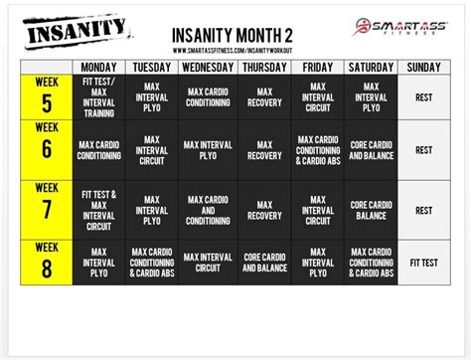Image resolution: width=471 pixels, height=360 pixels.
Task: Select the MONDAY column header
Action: point(98,67)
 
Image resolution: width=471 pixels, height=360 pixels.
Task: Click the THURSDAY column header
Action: point(263,67)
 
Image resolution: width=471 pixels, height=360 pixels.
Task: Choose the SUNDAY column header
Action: point(424,67)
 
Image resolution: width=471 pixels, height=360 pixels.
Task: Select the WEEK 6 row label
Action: point(46,150)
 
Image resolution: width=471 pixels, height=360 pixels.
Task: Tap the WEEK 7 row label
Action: point(46,209)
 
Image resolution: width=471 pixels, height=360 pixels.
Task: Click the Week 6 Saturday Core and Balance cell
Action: point(371,150)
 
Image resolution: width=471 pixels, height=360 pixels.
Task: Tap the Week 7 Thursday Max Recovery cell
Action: point(263,209)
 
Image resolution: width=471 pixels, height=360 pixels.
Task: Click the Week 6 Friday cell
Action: point(318,150)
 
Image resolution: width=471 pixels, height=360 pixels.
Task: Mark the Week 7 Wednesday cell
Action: point(209,209)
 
